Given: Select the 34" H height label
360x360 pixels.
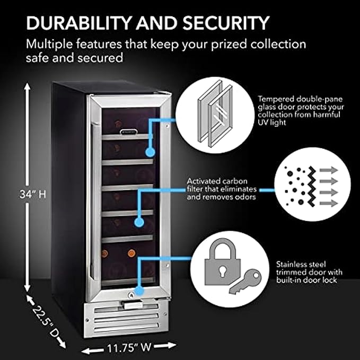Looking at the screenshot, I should tap(34, 195).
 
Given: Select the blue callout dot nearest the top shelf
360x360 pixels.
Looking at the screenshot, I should tap(150, 152).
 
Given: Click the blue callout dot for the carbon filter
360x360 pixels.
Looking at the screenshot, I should tap(139, 222).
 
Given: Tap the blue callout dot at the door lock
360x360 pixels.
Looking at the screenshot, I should tap(139, 291).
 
